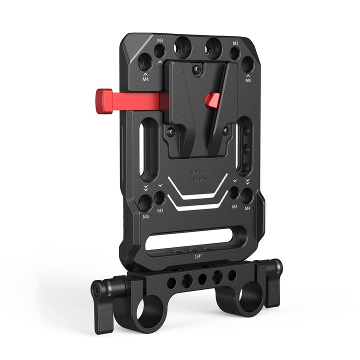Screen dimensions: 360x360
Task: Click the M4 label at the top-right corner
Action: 247,80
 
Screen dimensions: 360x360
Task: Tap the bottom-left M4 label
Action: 146,216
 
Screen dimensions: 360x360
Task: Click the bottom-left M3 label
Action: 160,210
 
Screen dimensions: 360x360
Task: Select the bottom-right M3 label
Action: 234,205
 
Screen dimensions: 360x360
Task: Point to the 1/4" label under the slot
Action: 199,256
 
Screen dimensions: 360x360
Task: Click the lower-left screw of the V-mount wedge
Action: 171,132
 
